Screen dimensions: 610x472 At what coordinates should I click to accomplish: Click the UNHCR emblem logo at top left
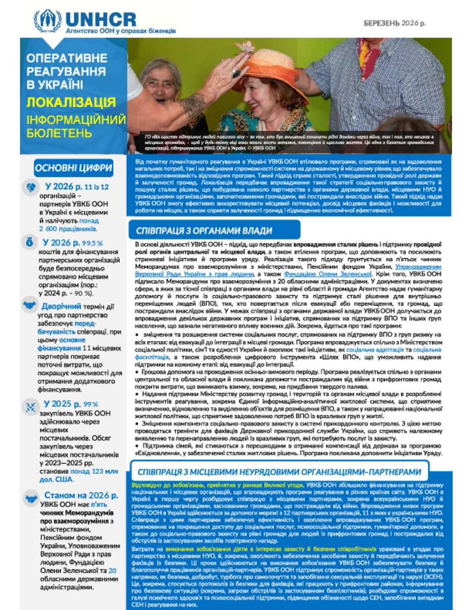[x=47, y=21]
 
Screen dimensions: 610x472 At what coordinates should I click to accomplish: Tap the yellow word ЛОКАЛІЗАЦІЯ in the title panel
[x=71, y=102]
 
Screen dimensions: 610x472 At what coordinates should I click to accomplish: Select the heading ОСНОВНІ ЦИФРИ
[x=74, y=168]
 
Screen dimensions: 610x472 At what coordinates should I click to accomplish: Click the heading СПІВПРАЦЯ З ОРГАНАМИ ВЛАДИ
[x=204, y=231]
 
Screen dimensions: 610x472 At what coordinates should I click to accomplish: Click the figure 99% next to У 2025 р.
[x=91, y=404]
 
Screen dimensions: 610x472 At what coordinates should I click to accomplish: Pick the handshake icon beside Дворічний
[x=30, y=306]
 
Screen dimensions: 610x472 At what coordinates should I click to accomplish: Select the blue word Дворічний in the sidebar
[x=61, y=306]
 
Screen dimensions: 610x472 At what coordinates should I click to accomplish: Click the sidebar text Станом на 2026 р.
[x=81, y=495]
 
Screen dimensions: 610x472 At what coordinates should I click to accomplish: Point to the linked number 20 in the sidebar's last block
[x=112, y=570]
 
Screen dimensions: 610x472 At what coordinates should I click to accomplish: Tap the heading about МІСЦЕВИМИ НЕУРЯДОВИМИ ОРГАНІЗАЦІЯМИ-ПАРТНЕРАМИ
[x=279, y=472]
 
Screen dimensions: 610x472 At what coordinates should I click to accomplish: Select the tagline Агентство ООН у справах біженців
[x=121, y=31]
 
